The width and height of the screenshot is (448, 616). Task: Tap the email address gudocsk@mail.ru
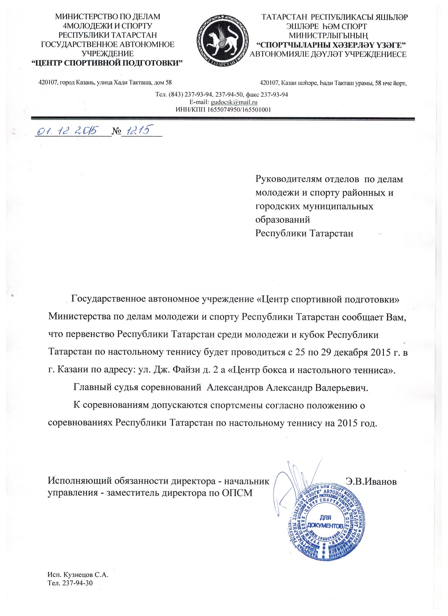(234, 102)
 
